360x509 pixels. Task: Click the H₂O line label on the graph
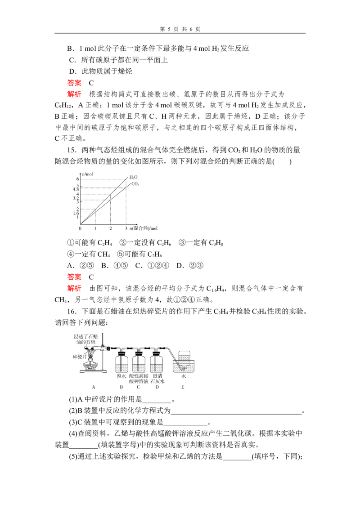click(x=133, y=177)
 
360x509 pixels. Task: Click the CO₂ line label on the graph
click(x=135, y=184)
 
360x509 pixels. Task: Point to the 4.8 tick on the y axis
click(x=76, y=189)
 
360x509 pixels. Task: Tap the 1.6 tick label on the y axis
click(x=76, y=213)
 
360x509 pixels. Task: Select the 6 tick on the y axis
click(x=78, y=179)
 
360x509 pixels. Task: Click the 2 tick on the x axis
click(x=110, y=228)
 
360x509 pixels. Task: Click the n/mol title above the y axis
click(x=87, y=174)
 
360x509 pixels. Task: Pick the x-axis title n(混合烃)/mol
click(x=143, y=228)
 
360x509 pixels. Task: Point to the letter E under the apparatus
click(x=183, y=387)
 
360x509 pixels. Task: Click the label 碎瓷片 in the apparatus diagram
click(x=80, y=357)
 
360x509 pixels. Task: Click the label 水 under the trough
click(x=184, y=376)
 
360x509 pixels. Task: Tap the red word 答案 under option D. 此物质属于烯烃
click(x=74, y=83)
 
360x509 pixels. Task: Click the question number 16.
click(x=72, y=311)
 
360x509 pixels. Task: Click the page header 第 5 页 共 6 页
click(x=180, y=29)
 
